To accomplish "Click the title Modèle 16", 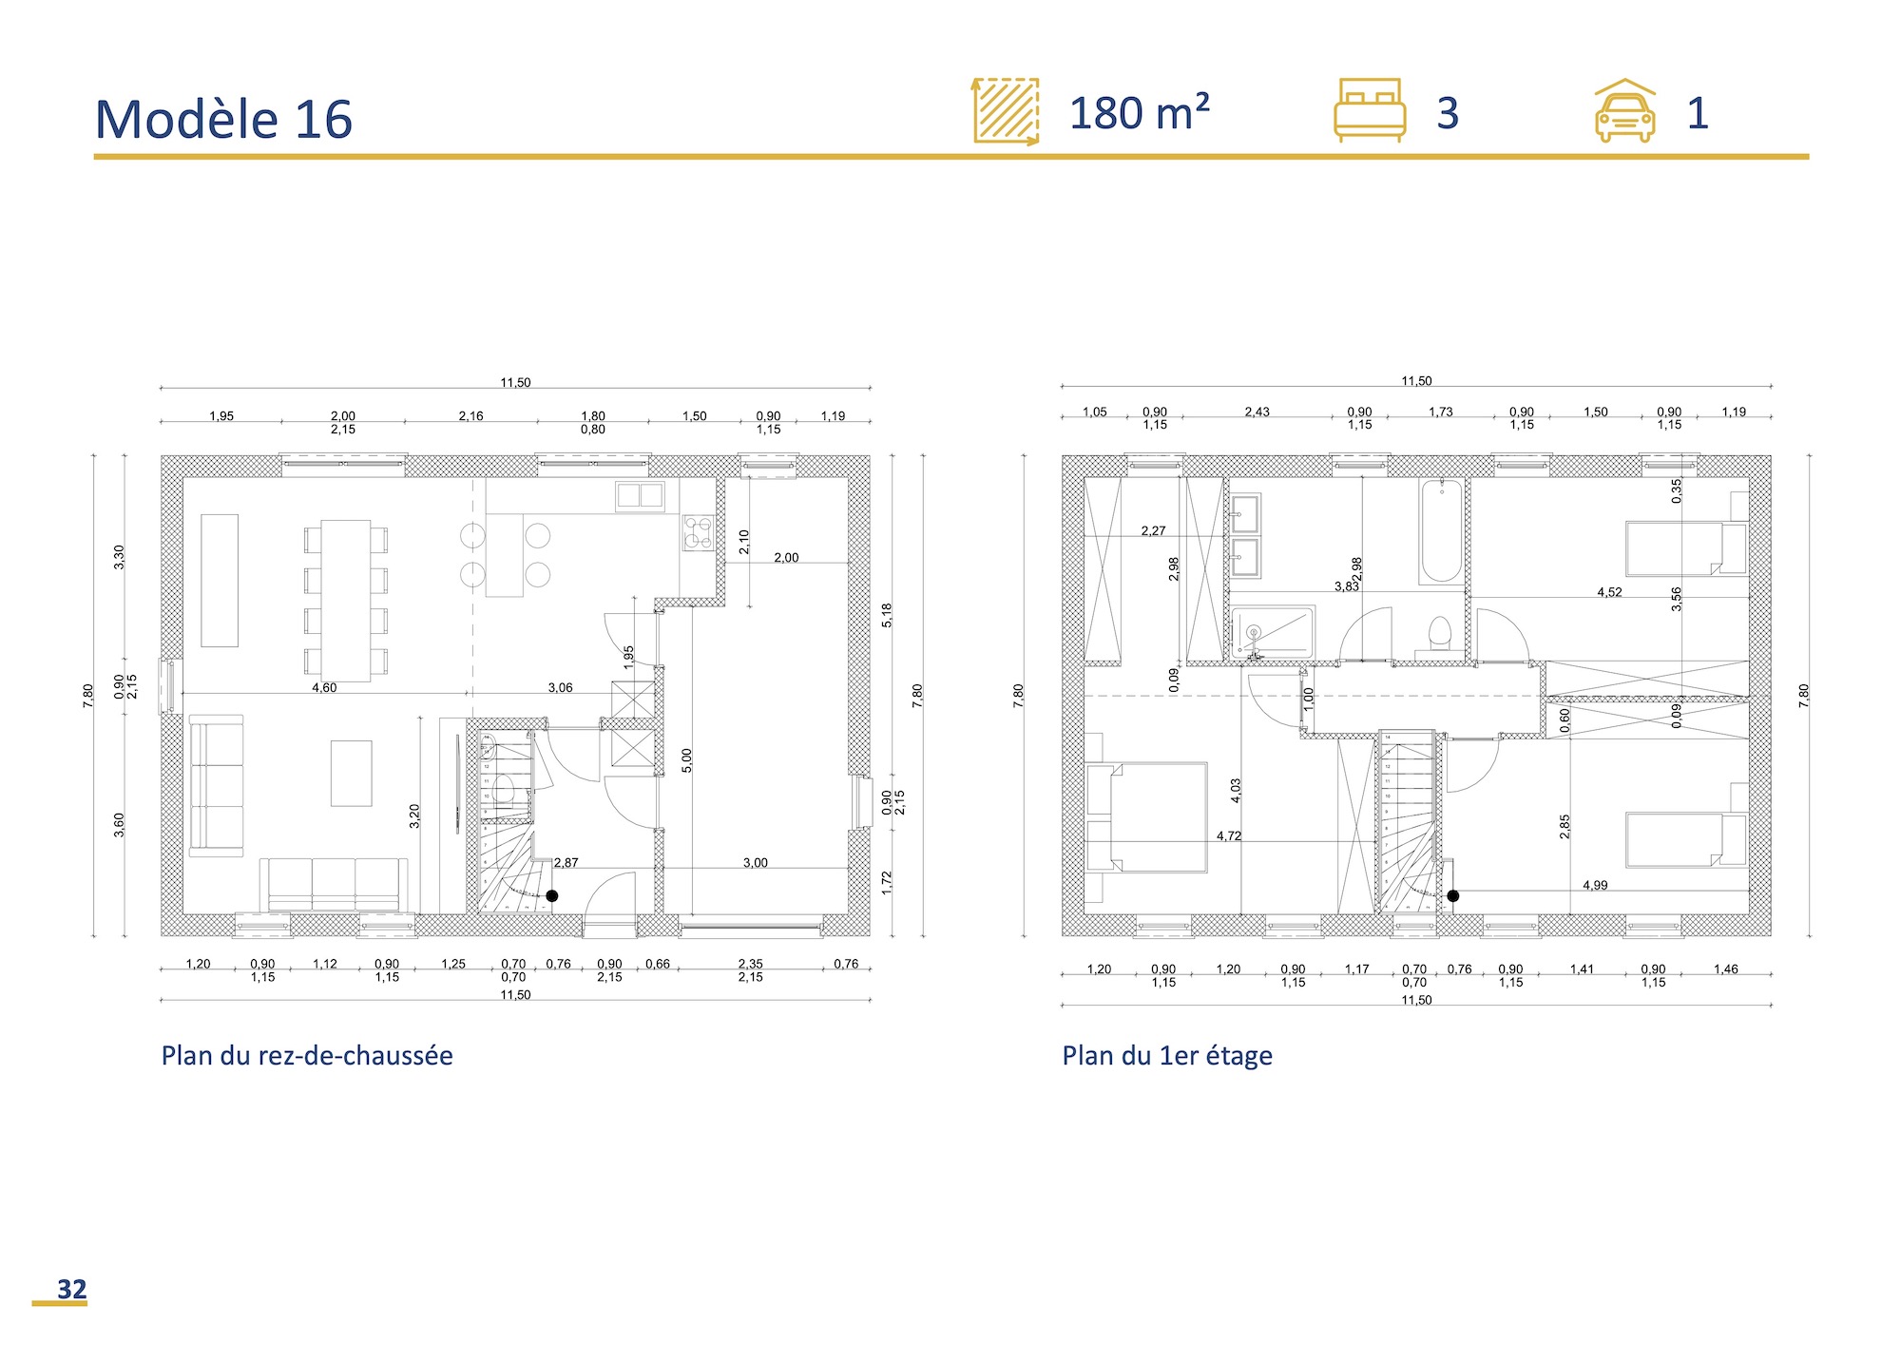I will click(x=223, y=120).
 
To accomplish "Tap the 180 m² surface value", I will click(x=1139, y=113).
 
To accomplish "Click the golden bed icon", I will click(x=1369, y=110).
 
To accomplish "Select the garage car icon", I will click(x=1624, y=112).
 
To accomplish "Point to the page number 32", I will click(x=71, y=1289).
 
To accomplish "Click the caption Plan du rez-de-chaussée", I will click(x=306, y=1055).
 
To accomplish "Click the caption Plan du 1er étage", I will click(x=1166, y=1055).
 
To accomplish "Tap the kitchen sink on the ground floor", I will click(x=640, y=496).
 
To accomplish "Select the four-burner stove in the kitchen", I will click(x=698, y=533).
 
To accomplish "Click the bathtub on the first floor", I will click(x=1441, y=530).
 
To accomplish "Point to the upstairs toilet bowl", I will click(x=1440, y=632).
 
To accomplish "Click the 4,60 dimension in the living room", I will click(x=324, y=687).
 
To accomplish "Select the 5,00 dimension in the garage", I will click(x=686, y=759).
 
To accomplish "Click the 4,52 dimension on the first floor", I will click(x=1609, y=592).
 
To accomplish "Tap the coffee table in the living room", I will click(x=351, y=773).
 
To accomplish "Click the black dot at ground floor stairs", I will click(x=551, y=895).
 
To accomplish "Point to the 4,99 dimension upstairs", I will click(x=1594, y=885).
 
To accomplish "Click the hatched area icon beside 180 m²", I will click(x=1006, y=111).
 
